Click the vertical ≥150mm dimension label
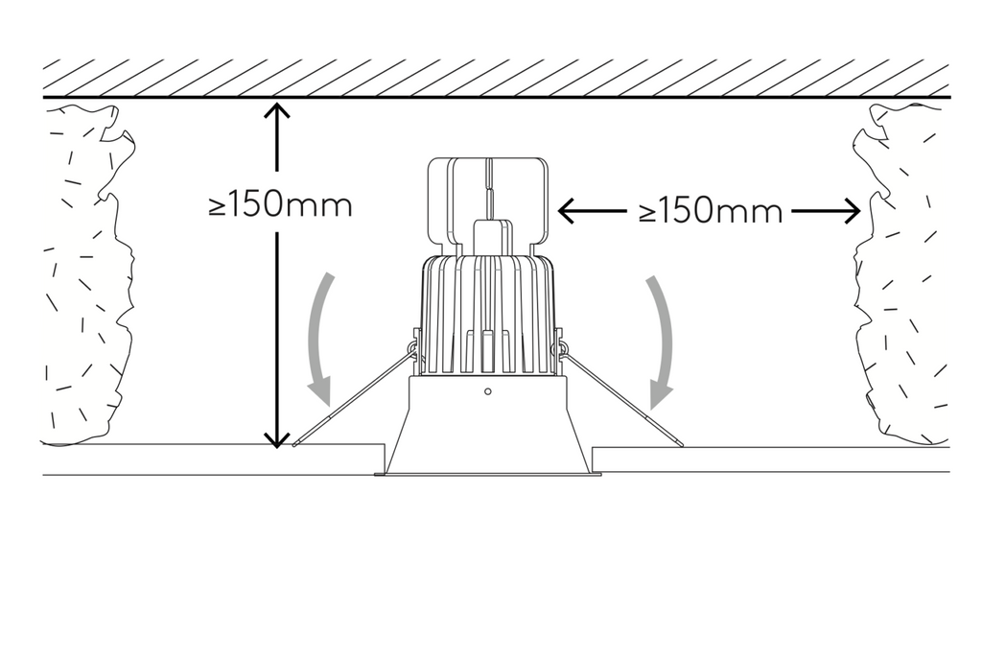click(x=281, y=205)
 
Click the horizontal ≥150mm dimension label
click(x=711, y=211)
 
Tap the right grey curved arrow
click(x=664, y=342)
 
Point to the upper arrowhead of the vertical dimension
click(x=277, y=111)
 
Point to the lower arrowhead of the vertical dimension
click(x=277, y=439)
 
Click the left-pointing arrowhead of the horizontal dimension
click(x=567, y=211)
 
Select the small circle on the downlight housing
click(x=488, y=391)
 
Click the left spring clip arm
click(x=354, y=398)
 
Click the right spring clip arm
click(x=620, y=398)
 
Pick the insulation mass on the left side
click(x=87, y=275)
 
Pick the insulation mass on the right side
click(x=901, y=275)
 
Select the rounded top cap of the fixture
click(x=488, y=200)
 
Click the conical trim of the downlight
click(x=488, y=426)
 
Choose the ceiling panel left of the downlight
click(x=213, y=460)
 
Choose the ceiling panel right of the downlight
click(x=770, y=460)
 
